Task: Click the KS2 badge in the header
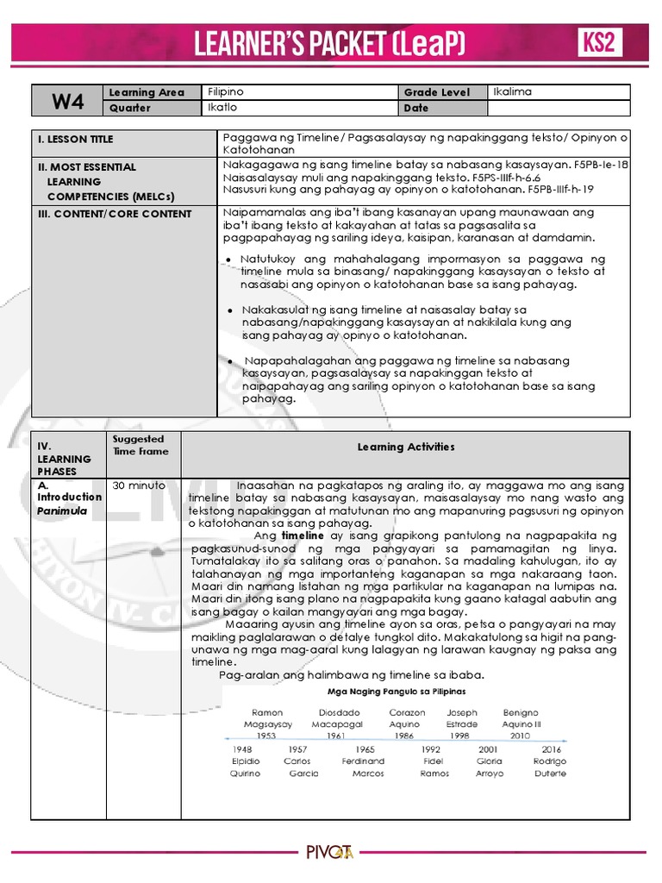[x=599, y=42]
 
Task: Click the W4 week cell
[x=67, y=100]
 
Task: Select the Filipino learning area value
[x=226, y=91]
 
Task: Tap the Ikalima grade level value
[x=512, y=91]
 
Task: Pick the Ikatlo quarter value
[x=222, y=108]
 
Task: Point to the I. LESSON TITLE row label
[x=75, y=139]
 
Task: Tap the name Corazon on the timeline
[x=407, y=713]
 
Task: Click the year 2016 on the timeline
[x=552, y=750]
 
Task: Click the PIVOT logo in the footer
[x=330, y=853]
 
